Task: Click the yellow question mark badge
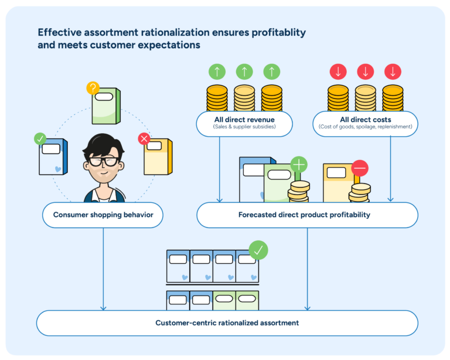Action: point(93,89)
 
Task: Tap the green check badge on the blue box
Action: point(40,139)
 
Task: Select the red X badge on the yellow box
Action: point(144,139)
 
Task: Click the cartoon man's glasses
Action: point(104,161)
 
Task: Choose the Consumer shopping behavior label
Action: point(103,215)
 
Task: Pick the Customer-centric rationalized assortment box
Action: point(227,323)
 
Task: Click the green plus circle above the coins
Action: point(299,164)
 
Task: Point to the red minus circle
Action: point(360,168)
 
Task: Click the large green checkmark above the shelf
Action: point(258,250)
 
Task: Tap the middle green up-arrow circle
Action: point(244,72)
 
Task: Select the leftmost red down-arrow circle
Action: point(338,72)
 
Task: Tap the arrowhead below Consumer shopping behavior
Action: point(103,307)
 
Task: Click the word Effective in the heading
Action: point(57,32)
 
